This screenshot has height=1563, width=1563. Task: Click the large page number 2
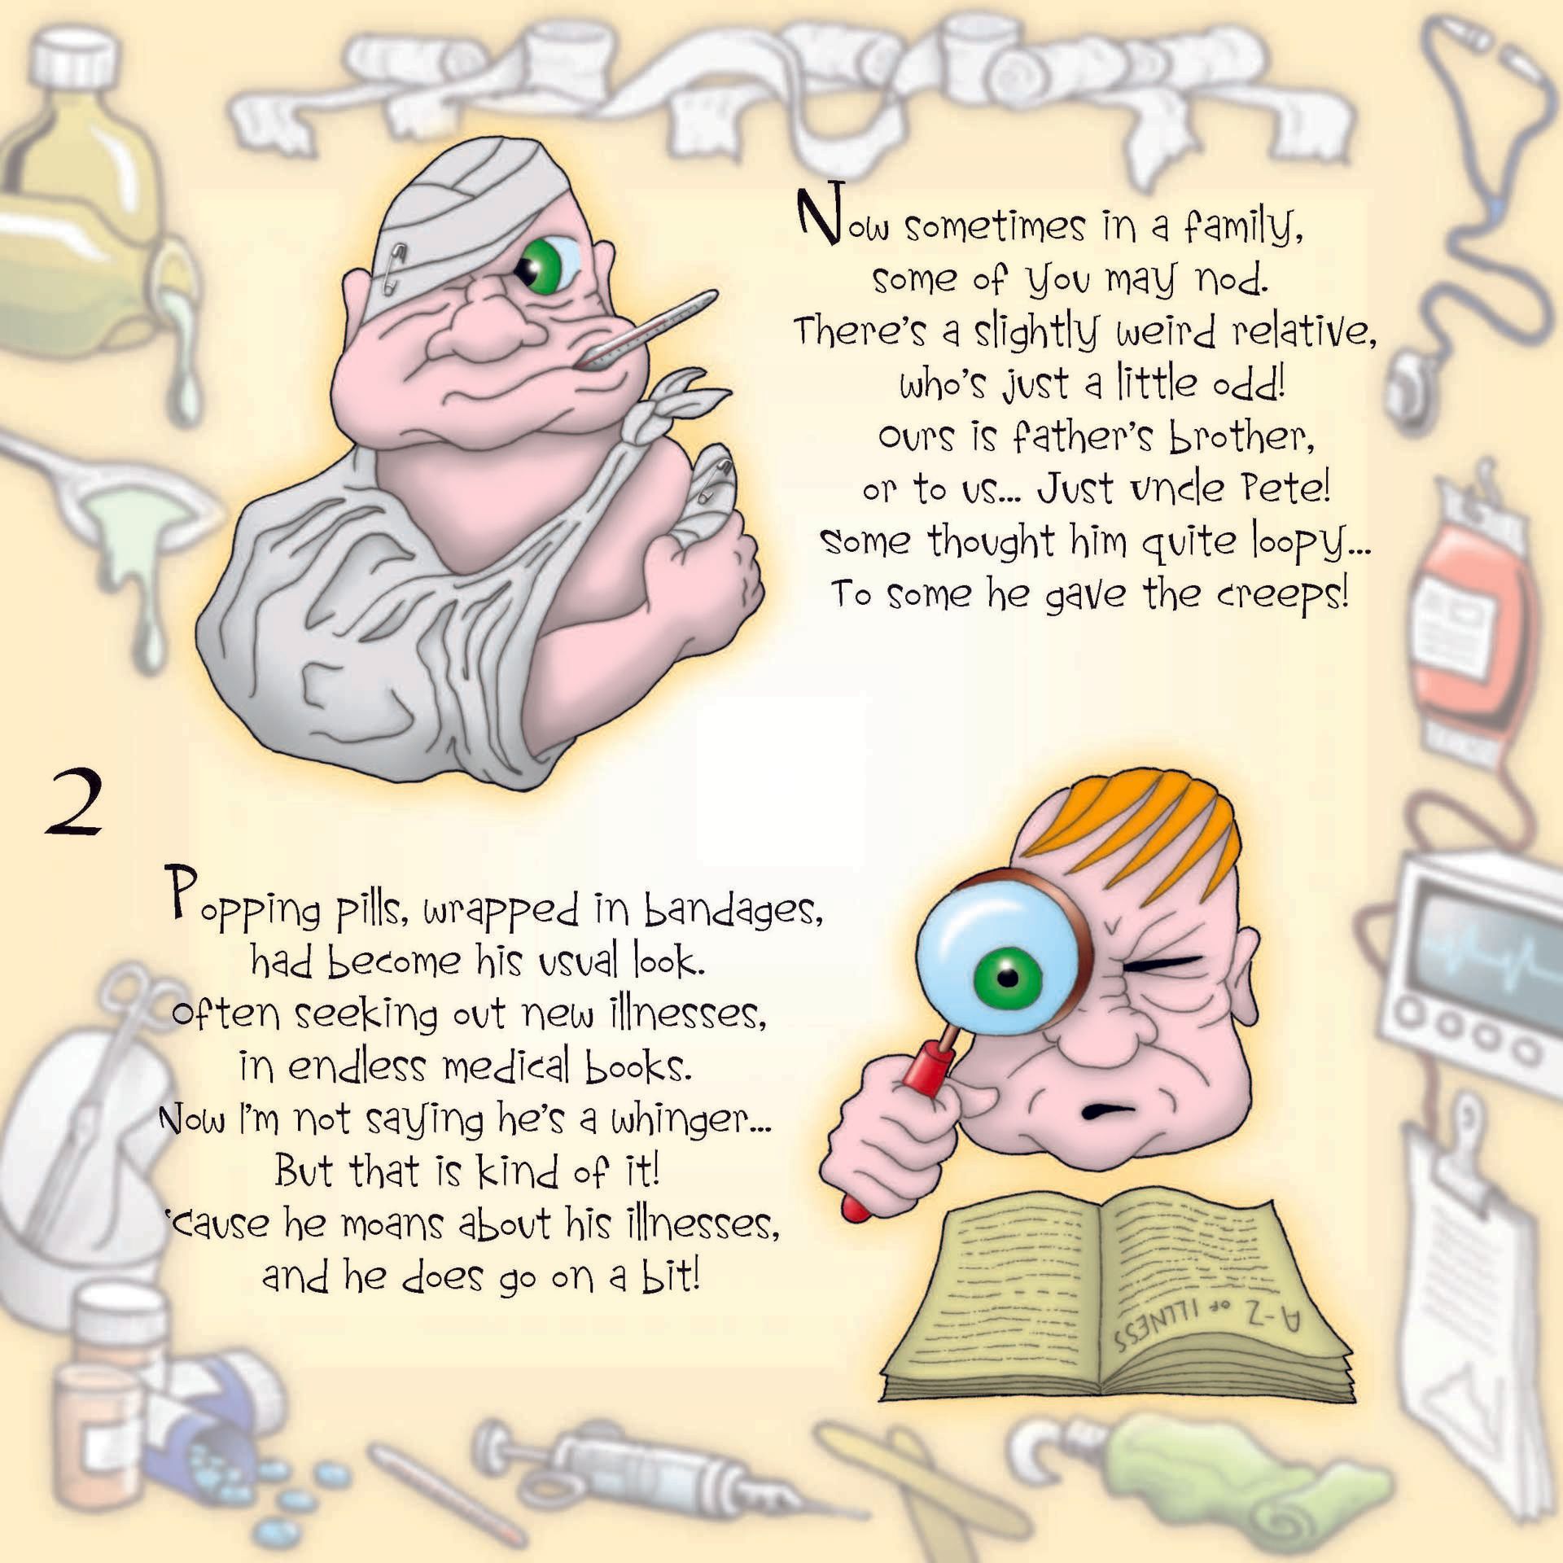(x=74, y=804)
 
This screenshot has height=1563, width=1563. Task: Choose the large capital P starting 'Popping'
(x=182, y=893)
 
